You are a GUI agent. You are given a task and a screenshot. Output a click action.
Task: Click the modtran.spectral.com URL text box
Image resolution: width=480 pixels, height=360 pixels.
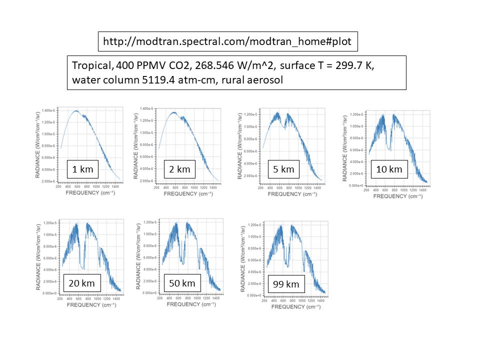[x=227, y=41]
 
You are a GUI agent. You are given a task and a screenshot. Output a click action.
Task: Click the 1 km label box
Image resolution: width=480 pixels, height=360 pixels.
[x=83, y=169]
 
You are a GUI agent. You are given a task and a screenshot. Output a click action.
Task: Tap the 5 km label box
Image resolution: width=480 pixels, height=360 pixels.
[x=283, y=169]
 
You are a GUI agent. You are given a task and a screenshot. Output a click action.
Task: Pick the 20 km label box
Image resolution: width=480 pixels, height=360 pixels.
[x=82, y=283]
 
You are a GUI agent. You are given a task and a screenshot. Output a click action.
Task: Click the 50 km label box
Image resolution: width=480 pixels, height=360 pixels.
[x=181, y=283]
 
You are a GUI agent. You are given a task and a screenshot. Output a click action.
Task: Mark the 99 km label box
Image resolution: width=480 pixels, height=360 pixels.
[x=286, y=284]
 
